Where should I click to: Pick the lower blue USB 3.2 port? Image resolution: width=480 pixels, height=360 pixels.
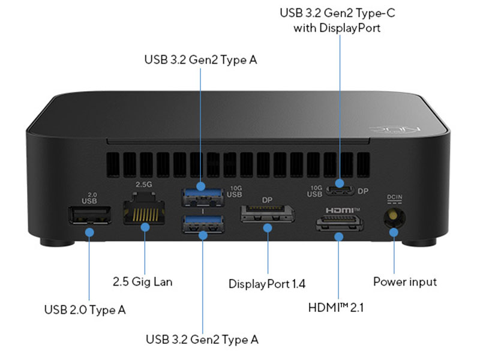[x=202, y=224]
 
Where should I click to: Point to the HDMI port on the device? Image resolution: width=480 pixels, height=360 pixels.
[x=340, y=226]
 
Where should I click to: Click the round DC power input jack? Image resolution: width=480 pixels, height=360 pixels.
[x=393, y=216]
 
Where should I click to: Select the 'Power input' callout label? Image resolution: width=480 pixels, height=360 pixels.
[x=405, y=281]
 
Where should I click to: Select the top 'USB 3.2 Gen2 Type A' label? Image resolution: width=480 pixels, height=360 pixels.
[x=202, y=59]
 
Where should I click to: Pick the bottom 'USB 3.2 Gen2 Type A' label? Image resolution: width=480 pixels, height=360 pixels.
[x=202, y=339]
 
